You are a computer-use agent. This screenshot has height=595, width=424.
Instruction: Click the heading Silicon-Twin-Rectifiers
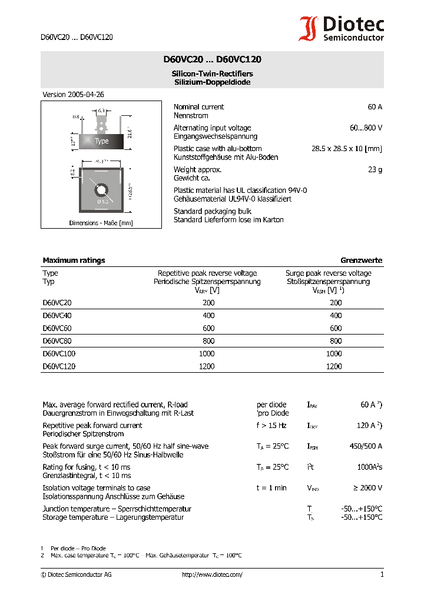pos(212,73)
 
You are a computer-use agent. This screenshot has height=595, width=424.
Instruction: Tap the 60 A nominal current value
pos(375,107)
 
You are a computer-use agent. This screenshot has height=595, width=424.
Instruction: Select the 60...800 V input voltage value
pos(366,128)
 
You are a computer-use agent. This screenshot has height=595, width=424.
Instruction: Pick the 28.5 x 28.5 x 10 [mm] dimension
pos(346,149)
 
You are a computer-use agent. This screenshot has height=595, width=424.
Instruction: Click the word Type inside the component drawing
pos(102,141)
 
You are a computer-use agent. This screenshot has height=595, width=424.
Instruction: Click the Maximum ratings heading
pos(74,260)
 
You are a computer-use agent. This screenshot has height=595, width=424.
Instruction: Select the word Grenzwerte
pos(361,260)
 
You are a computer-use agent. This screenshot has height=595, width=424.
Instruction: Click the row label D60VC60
pos(57,328)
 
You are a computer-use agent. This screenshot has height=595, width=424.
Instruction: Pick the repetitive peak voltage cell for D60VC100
pos(208,353)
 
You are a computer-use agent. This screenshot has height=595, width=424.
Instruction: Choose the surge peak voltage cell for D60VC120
pos(333,366)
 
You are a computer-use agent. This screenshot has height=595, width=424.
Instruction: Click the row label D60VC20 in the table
pos(57,303)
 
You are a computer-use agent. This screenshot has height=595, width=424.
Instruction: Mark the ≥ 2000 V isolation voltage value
pos(365,487)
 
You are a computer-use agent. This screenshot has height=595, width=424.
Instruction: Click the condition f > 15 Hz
pos(271,425)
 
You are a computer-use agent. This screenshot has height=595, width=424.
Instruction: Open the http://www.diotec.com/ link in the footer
pos(212,574)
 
